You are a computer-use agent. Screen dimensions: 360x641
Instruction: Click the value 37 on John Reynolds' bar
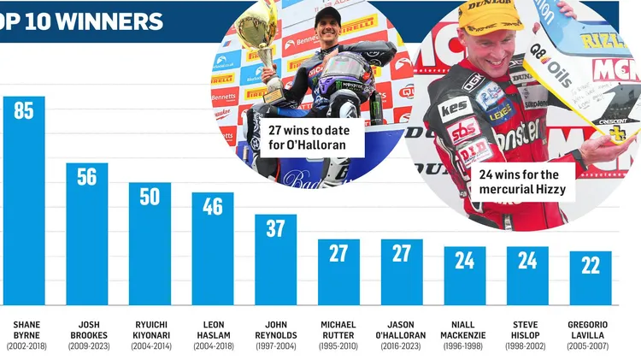click(275, 229)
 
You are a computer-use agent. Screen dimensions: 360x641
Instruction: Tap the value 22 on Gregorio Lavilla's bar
click(591, 265)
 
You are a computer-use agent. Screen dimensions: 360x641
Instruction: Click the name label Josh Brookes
click(87, 330)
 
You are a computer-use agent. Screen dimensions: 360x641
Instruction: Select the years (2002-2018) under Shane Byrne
click(25, 346)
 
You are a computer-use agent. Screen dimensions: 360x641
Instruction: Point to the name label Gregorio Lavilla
click(588, 330)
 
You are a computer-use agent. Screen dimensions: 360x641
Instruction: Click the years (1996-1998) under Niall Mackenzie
click(462, 346)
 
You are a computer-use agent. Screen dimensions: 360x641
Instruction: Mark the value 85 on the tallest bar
click(24, 111)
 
